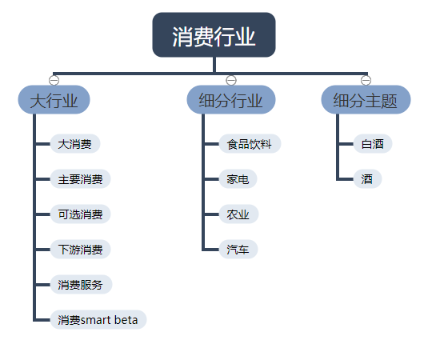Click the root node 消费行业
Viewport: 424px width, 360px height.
coord(214,36)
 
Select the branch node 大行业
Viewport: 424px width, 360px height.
coord(54,101)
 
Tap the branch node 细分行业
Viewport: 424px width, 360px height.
coord(231,101)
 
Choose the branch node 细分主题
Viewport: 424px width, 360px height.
coord(366,101)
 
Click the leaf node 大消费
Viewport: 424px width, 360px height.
coord(74,145)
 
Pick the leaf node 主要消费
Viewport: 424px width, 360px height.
coord(80,179)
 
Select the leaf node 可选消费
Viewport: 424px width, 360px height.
coord(80,214)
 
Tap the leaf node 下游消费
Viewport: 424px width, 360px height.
coord(80,250)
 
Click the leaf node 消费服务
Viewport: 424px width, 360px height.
coord(80,285)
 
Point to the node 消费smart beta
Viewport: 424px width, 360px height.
coord(98,320)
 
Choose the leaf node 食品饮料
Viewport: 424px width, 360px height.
coord(249,145)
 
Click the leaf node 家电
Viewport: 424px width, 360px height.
coord(238,179)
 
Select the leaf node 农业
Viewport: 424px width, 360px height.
coord(238,214)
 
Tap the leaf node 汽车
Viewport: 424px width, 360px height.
coord(238,250)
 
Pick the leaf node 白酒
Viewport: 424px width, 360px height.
coord(372,145)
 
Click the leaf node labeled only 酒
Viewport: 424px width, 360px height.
coord(367,179)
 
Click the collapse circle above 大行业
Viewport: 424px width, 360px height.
coord(54,79)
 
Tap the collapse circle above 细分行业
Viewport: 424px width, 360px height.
coord(231,79)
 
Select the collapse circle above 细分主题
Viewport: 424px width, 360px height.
coord(366,79)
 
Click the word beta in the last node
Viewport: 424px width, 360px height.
coord(126,320)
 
